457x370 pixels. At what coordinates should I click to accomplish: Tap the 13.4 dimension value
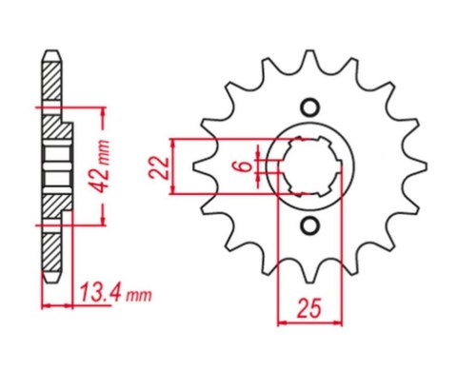[100, 293]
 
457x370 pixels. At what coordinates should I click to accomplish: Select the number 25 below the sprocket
[309, 308]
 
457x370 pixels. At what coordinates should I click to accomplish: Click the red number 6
[245, 166]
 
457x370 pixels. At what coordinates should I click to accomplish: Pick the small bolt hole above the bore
[309, 108]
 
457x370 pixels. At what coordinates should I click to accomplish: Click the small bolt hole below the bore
[309, 225]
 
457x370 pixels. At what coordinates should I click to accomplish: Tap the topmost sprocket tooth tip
[309, 50]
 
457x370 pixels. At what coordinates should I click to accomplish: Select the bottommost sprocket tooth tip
[309, 282]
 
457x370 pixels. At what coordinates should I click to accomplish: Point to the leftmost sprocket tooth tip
[194, 166]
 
